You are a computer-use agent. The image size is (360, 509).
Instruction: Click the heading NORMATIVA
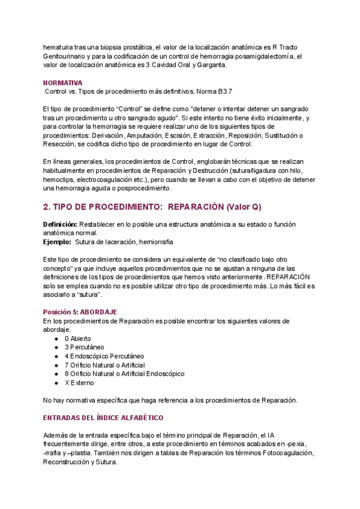pyautogui.click(x=63, y=82)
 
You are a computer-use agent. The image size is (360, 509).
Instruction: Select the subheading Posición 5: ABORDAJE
pyautogui.click(x=80, y=312)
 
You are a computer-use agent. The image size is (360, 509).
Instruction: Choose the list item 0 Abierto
pyautogui.click(x=78, y=339)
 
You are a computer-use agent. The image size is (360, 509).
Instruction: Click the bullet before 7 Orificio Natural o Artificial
pyautogui.click(x=56, y=365)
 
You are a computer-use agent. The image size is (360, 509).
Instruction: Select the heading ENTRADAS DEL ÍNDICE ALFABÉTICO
pyautogui.click(x=103, y=417)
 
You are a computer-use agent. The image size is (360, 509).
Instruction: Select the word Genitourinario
pyautogui.click(x=67, y=56)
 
